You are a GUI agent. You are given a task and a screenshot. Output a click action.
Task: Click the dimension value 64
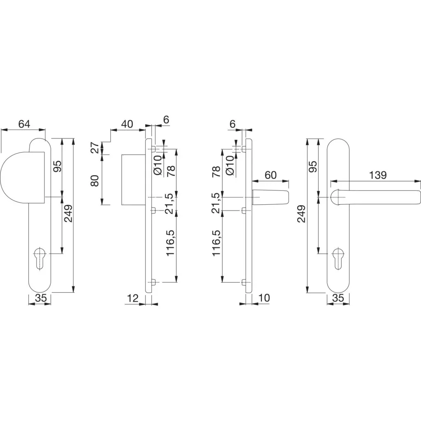click(x=24, y=124)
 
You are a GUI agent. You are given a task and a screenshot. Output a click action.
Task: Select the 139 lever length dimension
click(x=378, y=175)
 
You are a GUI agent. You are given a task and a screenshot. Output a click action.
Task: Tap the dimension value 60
click(x=271, y=175)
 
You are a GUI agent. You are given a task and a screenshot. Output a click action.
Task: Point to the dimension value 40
click(x=127, y=124)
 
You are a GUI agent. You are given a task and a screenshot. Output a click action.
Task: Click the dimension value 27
click(x=95, y=148)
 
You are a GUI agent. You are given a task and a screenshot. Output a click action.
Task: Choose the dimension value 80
click(x=95, y=180)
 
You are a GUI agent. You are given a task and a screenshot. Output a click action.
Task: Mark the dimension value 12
click(x=132, y=298)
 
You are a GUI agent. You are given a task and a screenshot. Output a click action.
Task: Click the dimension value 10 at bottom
click(x=264, y=298)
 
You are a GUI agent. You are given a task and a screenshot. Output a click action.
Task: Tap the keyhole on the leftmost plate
click(x=40, y=258)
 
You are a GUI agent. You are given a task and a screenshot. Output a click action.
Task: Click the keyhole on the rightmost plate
click(x=338, y=258)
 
